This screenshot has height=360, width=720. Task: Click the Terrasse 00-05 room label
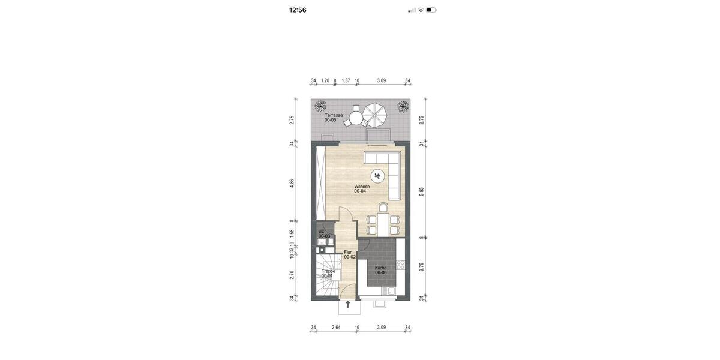pos(334,118)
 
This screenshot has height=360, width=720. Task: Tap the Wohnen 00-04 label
pos(361,188)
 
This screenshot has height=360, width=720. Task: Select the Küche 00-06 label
pos(381,270)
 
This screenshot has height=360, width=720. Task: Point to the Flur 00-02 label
pos(350,254)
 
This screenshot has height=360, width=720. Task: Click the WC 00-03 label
pos(323,234)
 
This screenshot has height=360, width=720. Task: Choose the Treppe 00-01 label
pos(328,274)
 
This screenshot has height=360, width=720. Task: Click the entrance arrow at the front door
pos(347,304)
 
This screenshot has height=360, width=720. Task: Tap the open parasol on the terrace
pos(377,115)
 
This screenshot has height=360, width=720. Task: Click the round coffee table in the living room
pos(377,176)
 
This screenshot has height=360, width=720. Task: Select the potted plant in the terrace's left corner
pos(320,107)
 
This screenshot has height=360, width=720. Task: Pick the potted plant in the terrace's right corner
pos(403,107)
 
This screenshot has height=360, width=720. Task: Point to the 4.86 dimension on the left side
pos(292,183)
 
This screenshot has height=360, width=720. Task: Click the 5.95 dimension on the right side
pos(422,191)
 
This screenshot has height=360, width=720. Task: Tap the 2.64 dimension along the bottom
pos(336,328)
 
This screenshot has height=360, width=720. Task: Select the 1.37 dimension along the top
pos(346,80)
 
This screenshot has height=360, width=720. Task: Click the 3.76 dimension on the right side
pos(422,267)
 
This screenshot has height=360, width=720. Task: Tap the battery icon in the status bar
pos(431,10)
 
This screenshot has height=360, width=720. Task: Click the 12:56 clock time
pos(298,10)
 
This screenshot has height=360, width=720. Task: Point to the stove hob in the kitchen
pos(400,265)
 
